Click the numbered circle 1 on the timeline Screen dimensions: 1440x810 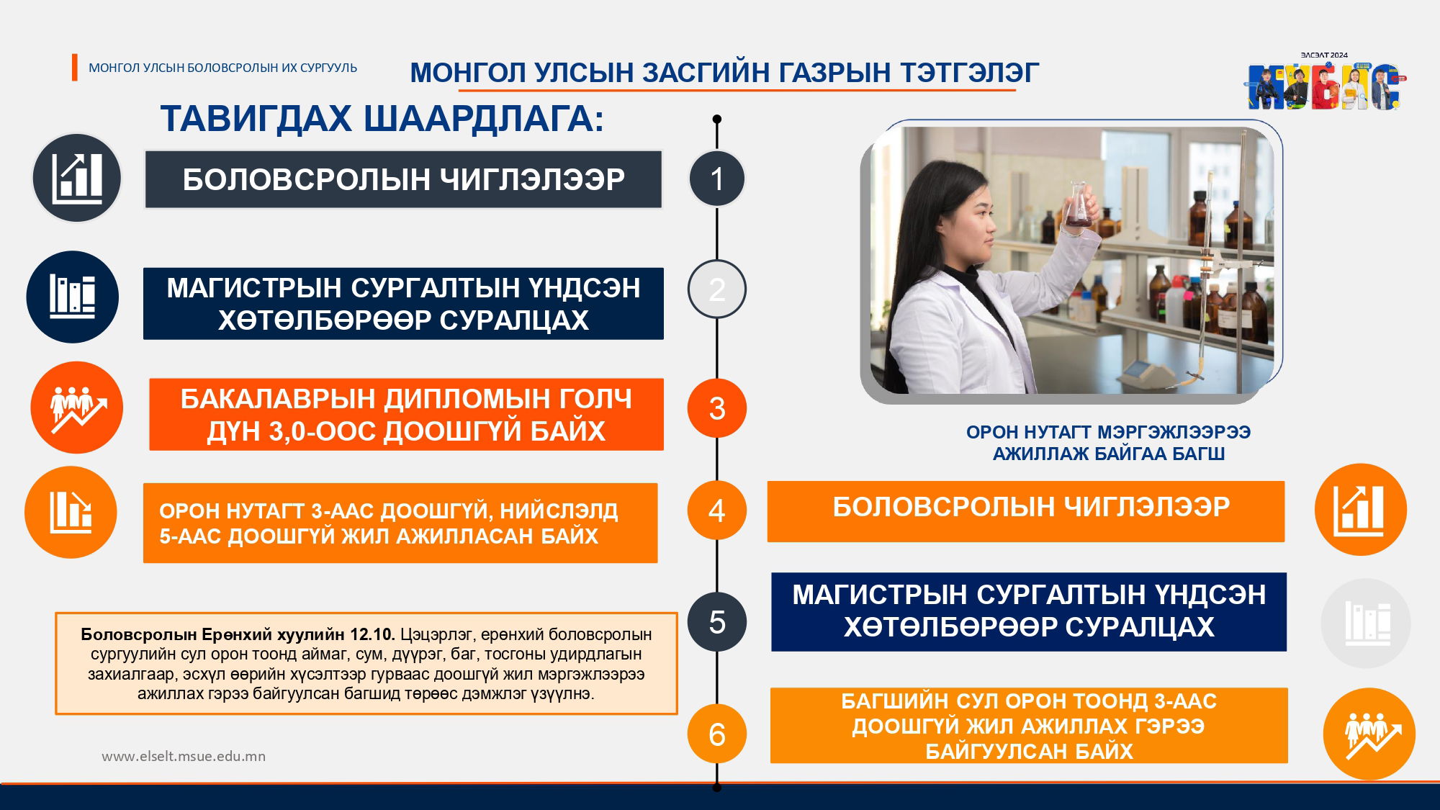(716, 179)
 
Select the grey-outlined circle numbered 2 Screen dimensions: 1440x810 (716, 289)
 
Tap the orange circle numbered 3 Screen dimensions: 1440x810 (716, 408)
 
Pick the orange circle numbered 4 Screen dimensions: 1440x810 (716, 510)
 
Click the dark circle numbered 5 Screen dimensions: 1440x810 (716, 622)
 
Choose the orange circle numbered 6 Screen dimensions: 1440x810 (716, 734)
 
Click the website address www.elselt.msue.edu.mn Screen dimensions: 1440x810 (184, 756)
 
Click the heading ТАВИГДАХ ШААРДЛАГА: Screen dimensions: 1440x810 (382, 119)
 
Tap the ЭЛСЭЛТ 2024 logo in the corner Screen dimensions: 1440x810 (1326, 81)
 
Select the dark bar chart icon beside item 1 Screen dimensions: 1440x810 (76, 178)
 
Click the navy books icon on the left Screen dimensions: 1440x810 (72, 297)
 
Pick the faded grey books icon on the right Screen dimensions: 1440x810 (1366, 623)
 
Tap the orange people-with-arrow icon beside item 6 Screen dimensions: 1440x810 (1369, 734)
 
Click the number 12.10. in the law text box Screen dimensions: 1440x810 (372, 634)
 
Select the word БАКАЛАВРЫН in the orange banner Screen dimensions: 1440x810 (278, 398)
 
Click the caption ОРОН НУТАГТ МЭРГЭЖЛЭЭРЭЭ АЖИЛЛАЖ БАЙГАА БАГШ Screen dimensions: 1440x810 (1108, 443)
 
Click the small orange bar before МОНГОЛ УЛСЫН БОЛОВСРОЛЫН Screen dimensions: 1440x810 (74, 67)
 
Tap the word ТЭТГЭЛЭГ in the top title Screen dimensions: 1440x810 (969, 73)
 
